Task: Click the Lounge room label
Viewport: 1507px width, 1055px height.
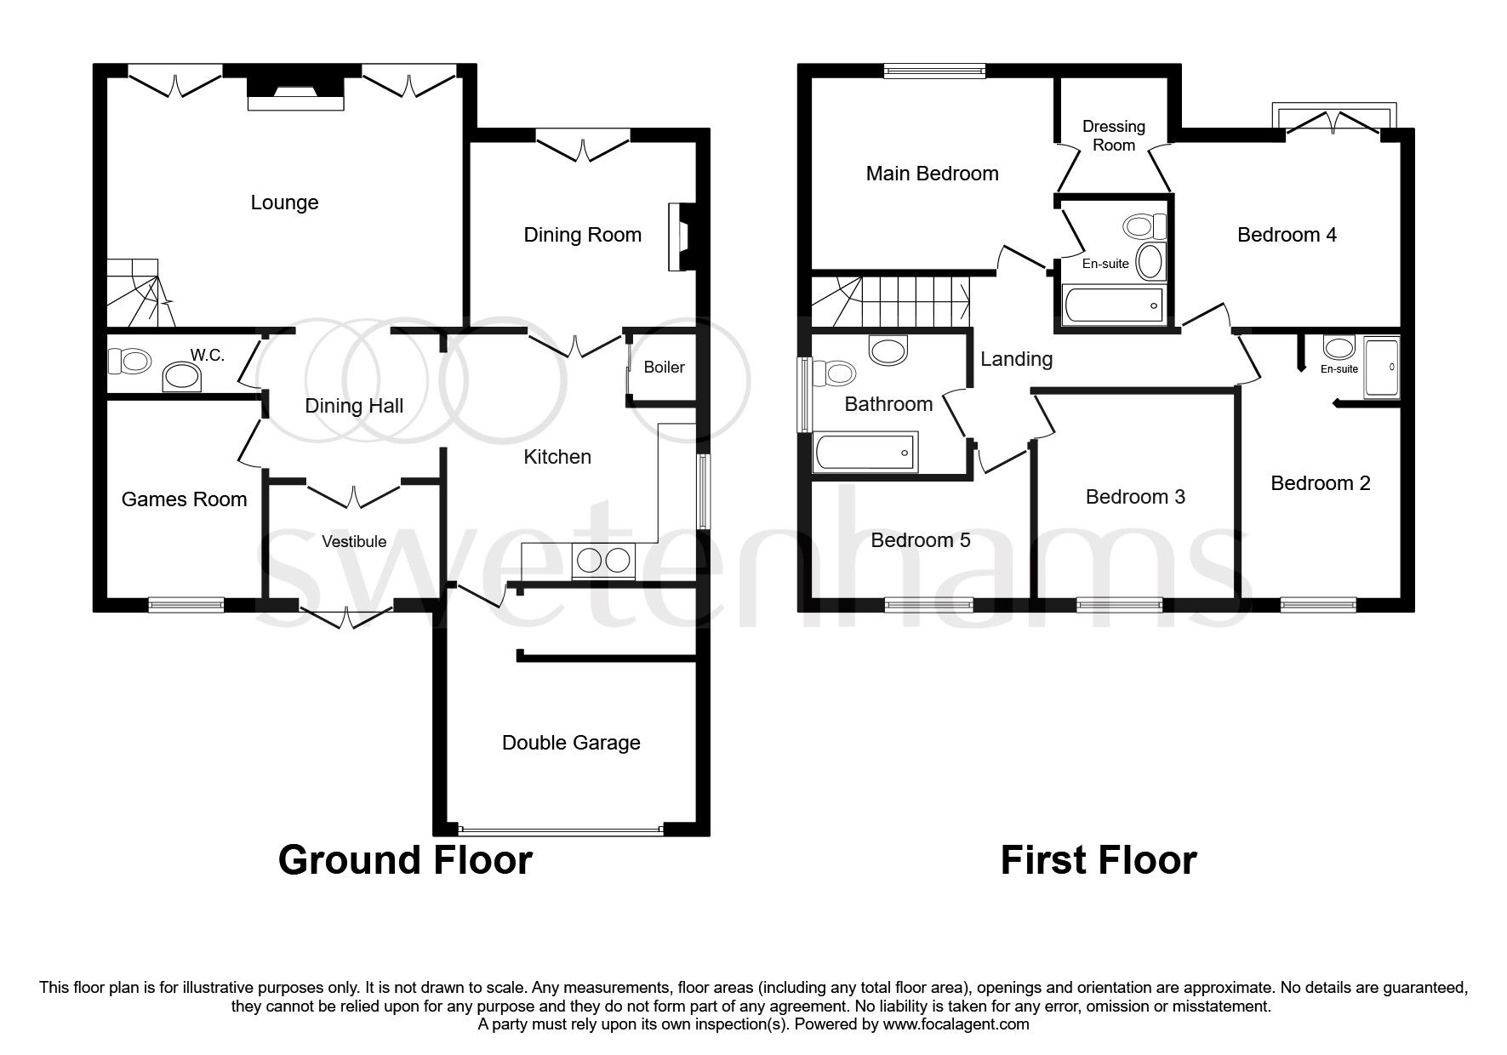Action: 284,202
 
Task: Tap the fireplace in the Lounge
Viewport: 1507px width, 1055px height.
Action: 295,93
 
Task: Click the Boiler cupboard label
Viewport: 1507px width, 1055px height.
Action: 664,368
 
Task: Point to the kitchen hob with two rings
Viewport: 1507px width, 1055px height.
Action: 604,560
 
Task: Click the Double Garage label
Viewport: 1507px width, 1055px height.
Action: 571,743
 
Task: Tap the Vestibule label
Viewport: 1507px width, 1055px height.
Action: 354,542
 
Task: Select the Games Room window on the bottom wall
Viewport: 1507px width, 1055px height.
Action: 186,605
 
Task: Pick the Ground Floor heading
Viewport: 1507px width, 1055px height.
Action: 405,860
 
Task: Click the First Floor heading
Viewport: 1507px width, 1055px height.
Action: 1098,860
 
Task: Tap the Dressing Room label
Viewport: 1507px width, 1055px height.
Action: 1113,136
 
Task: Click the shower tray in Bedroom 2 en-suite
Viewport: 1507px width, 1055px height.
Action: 1381,368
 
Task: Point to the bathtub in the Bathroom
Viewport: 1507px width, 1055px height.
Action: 865,452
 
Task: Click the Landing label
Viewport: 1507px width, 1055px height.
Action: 1016,359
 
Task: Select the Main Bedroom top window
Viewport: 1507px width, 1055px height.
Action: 934,71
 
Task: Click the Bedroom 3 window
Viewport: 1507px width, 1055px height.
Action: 1119,605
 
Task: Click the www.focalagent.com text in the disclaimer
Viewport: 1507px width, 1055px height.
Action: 956,1024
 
